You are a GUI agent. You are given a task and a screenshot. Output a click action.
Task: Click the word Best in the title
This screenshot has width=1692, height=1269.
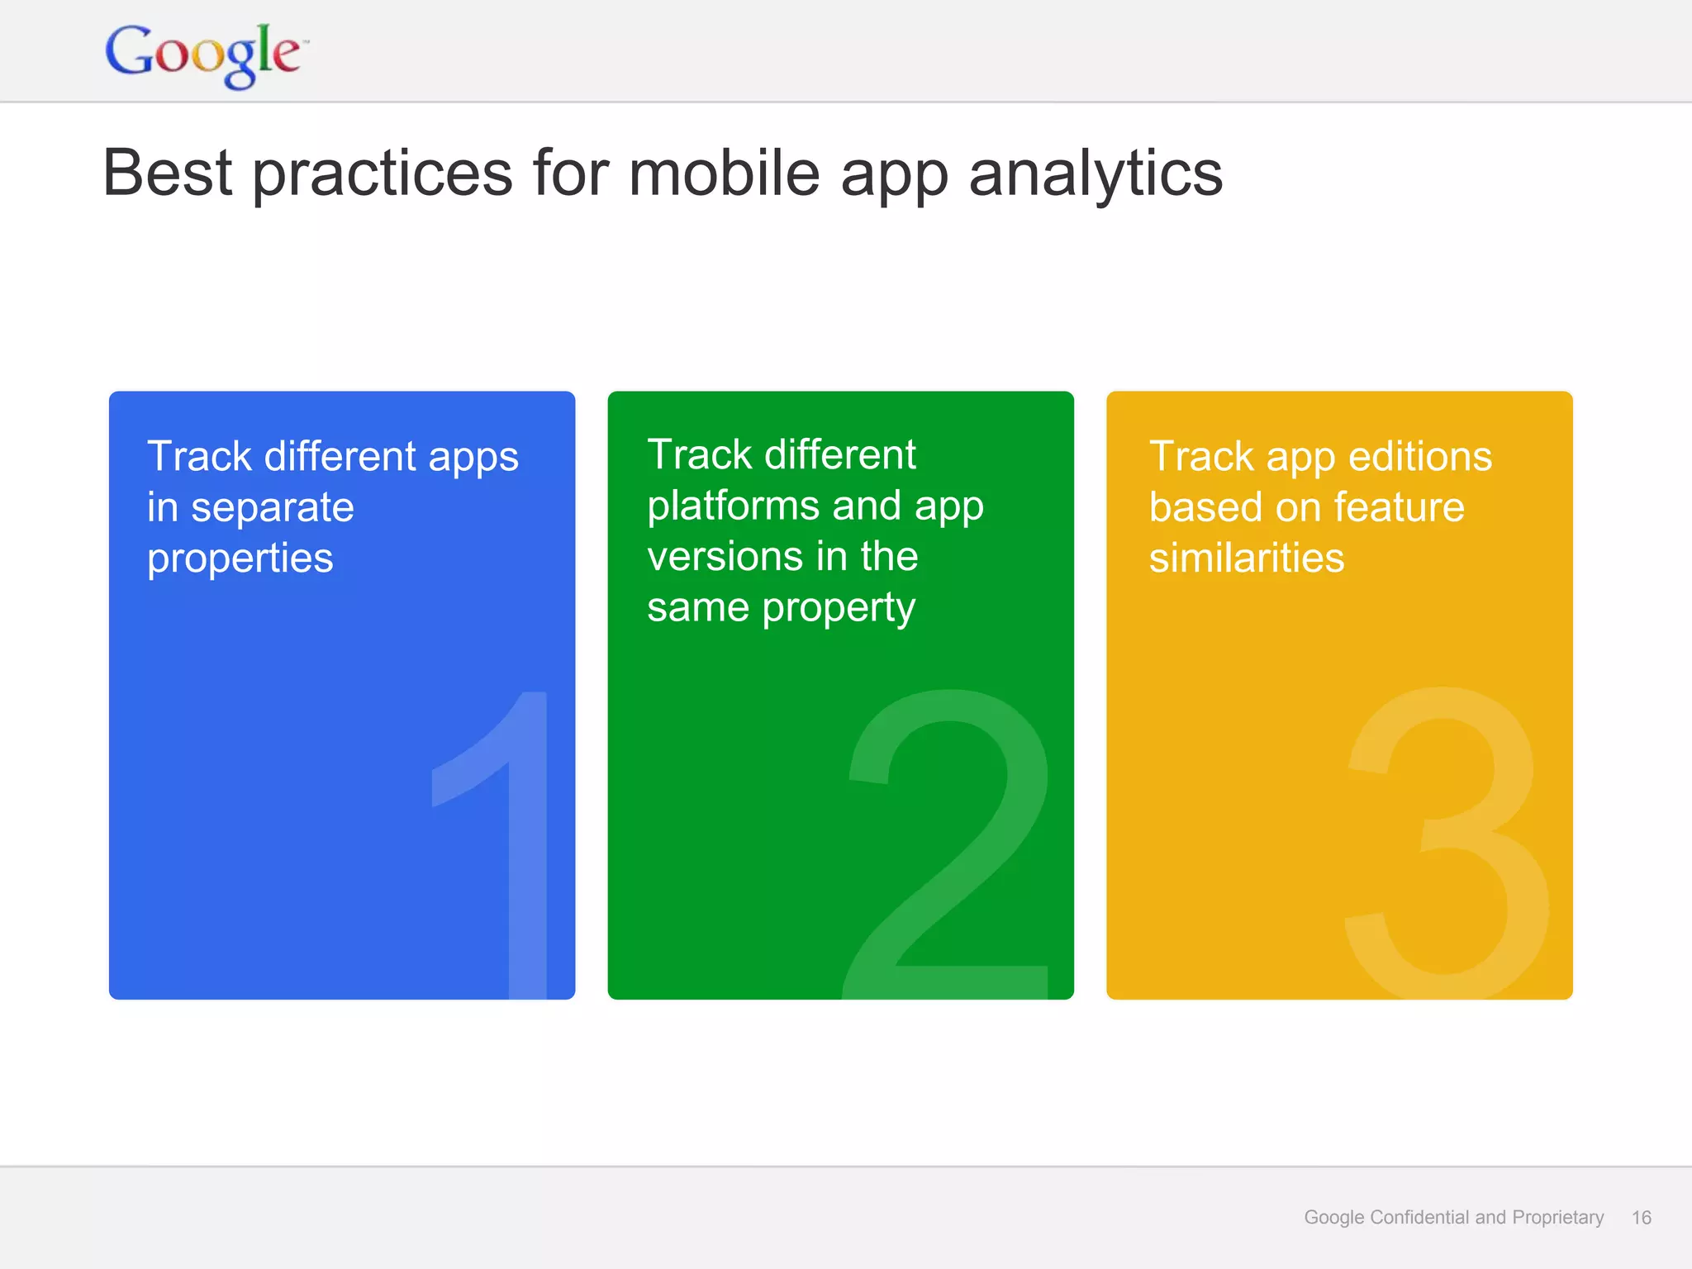click(168, 173)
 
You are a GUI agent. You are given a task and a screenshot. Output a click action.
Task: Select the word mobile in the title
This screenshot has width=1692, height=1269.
click(724, 173)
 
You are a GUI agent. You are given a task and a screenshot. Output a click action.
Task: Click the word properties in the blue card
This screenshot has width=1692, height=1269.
click(240, 559)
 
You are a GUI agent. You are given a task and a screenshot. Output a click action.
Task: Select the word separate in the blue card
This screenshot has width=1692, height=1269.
click(272, 508)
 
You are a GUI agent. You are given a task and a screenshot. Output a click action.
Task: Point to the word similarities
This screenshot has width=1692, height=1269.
click(1246, 558)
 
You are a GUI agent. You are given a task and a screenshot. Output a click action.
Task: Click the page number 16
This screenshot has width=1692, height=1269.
click(1641, 1217)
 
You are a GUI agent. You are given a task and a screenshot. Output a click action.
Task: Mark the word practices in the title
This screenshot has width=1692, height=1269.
click(383, 173)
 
